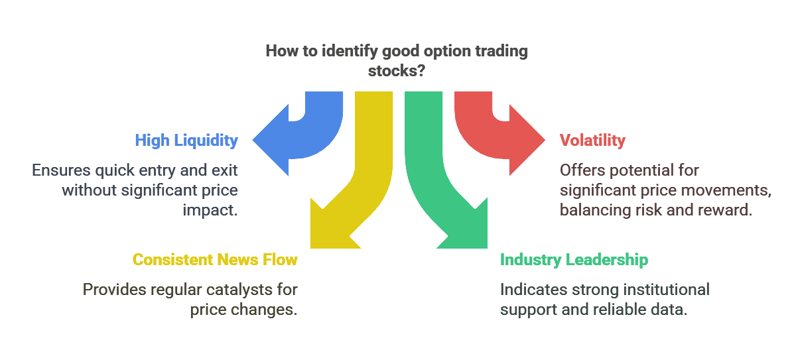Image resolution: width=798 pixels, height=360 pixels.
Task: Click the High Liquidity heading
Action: click(x=186, y=141)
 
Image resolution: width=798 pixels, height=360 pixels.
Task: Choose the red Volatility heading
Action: click(x=592, y=141)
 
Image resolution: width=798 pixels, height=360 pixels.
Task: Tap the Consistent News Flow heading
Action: click(x=215, y=260)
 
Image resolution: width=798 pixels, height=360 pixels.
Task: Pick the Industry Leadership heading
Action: click(x=574, y=260)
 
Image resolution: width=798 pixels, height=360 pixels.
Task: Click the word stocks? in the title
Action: click(x=397, y=71)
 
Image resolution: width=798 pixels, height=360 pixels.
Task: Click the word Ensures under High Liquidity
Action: click(x=61, y=170)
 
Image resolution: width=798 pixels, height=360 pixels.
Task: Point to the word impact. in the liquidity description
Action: click(x=210, y=210)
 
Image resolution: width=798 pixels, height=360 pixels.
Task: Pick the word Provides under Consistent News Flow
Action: click(x=114, y=290)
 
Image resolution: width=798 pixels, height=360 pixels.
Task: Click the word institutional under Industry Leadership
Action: click(x=667, y=290)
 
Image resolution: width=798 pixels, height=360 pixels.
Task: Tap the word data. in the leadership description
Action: click(x=669, y=310)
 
